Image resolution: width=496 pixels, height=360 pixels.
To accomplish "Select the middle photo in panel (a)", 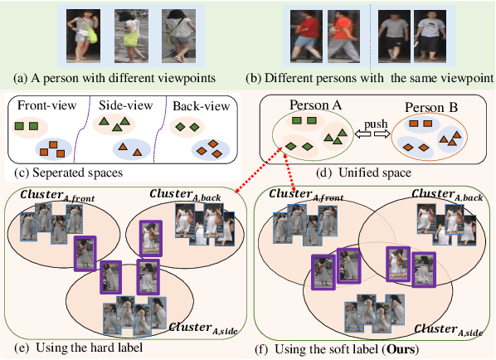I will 129,36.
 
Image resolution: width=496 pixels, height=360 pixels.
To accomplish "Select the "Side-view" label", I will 126,106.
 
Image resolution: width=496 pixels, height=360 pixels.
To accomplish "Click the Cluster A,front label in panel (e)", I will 48,195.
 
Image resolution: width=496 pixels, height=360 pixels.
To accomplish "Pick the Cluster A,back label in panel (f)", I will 448,196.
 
